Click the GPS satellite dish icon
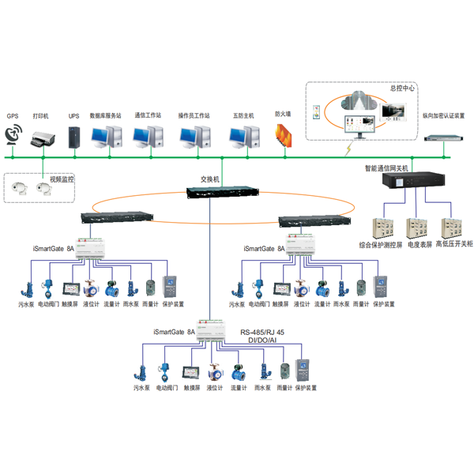click(14, 137)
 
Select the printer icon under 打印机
click(42, 139)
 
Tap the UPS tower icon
click(74, 137)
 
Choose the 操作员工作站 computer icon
click(194, 137)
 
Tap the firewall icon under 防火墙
click(283, 135)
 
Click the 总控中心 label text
click(402, 88)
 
